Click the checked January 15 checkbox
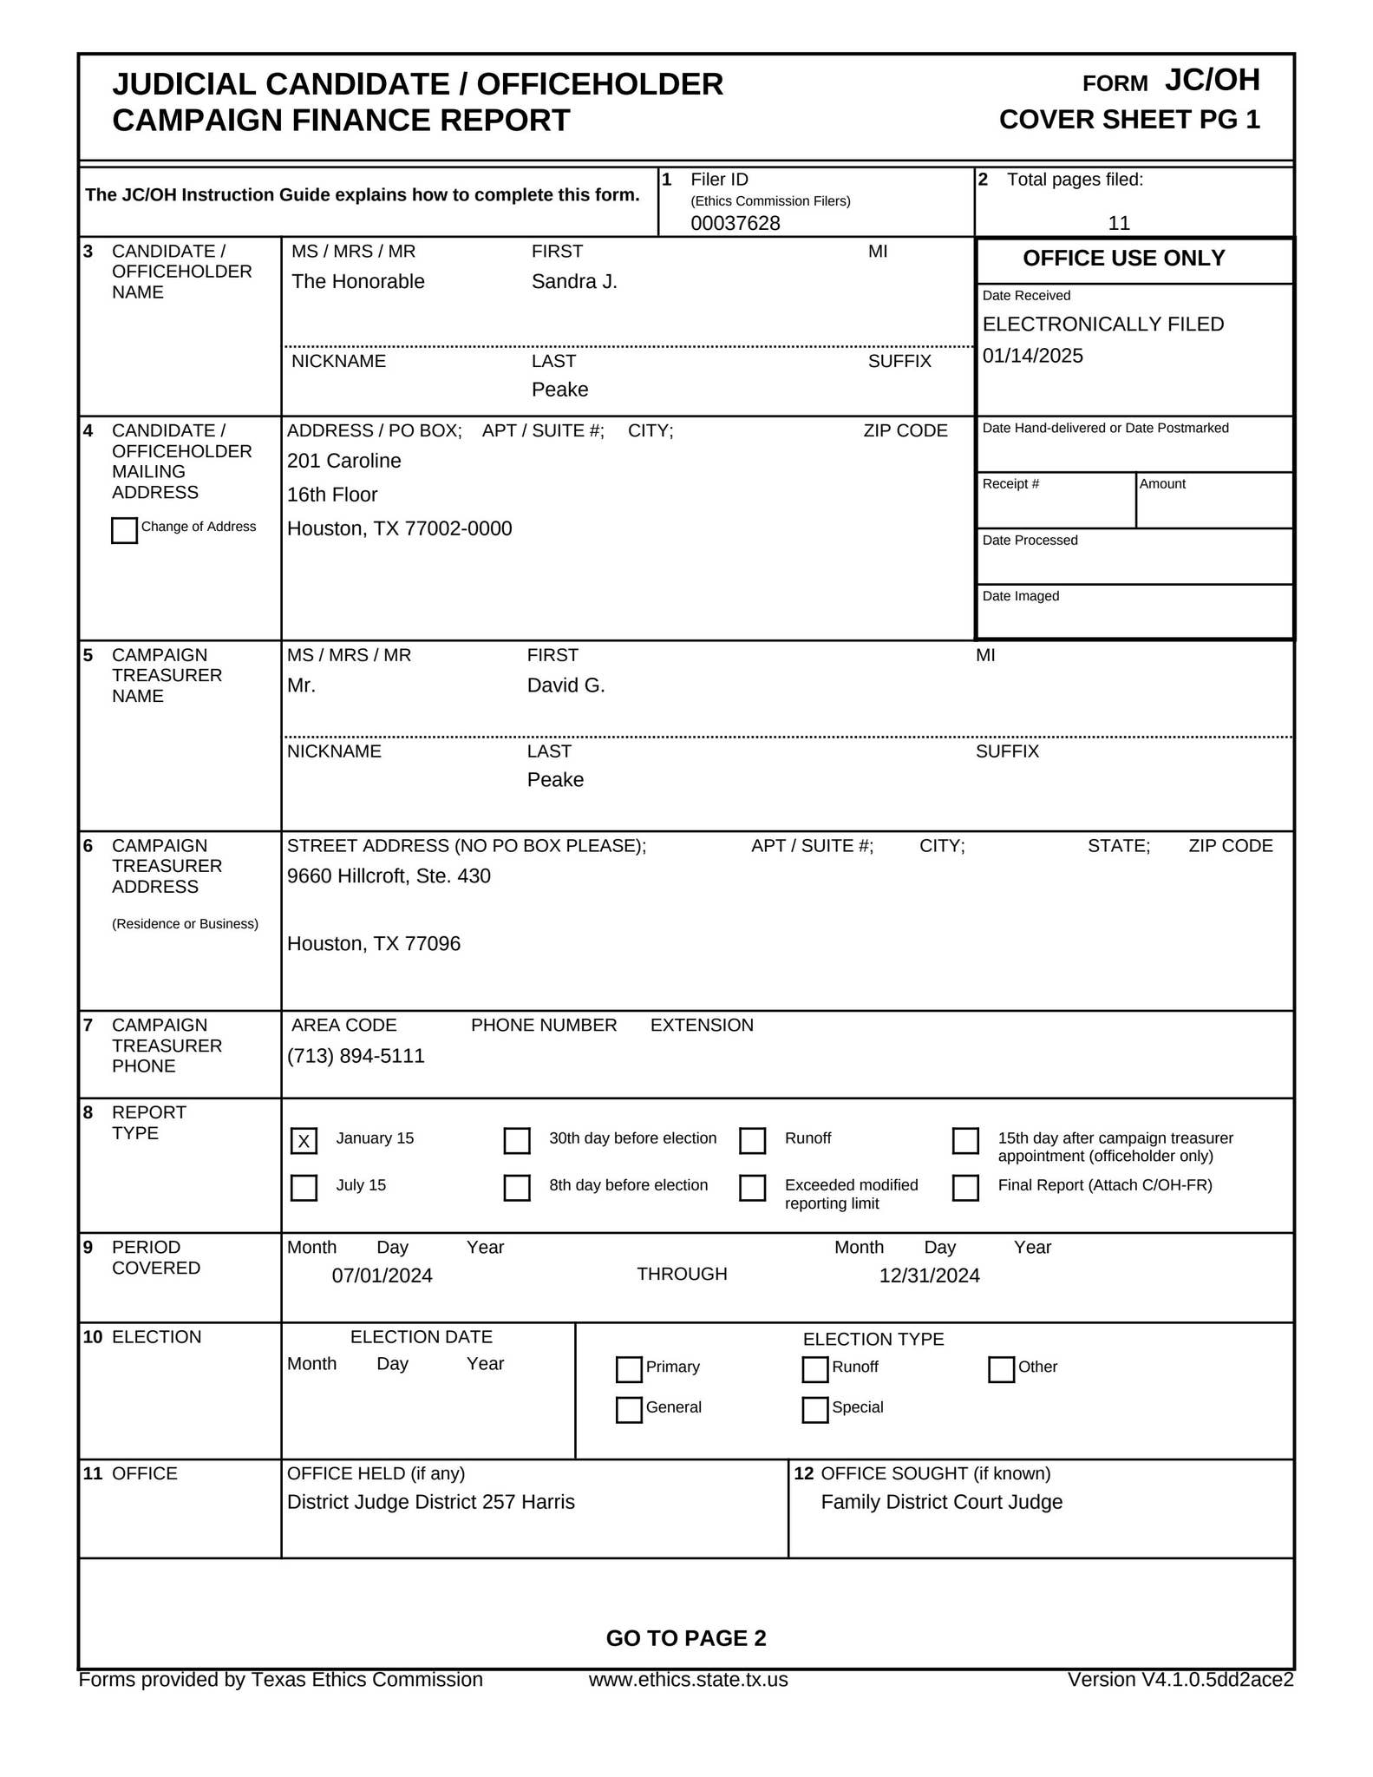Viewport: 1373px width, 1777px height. click(304, 1141)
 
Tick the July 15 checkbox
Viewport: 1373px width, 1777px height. click(304, 1188)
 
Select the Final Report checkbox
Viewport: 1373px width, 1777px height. click(965, 1188)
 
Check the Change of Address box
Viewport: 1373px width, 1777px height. click(124, 530)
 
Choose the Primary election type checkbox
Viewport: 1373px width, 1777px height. click(629, 1369)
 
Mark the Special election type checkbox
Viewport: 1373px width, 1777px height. click(815, 1409)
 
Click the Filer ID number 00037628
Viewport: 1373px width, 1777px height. click(735, 223)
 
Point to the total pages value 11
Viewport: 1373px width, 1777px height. click(1119, 223)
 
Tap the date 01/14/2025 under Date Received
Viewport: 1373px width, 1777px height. click(1032, 356)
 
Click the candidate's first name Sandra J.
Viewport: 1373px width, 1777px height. click(574, 281)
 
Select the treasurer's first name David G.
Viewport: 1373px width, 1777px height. click(566, 685)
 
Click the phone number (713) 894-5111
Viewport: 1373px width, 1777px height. click(356, 1056)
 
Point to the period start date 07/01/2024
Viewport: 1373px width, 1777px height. click(382, 1275)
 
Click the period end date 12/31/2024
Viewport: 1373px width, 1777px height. click(929, 1275)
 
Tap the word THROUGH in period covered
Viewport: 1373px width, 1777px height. click(682, 1274)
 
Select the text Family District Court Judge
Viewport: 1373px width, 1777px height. click(941, 1502)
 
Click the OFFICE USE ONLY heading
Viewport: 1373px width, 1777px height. click(1123, 258)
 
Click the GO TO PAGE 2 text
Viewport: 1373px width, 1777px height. click(686, 1638)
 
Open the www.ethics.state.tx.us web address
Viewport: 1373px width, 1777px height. click(688, 1680)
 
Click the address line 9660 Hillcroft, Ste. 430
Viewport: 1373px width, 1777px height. click(389, 876)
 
